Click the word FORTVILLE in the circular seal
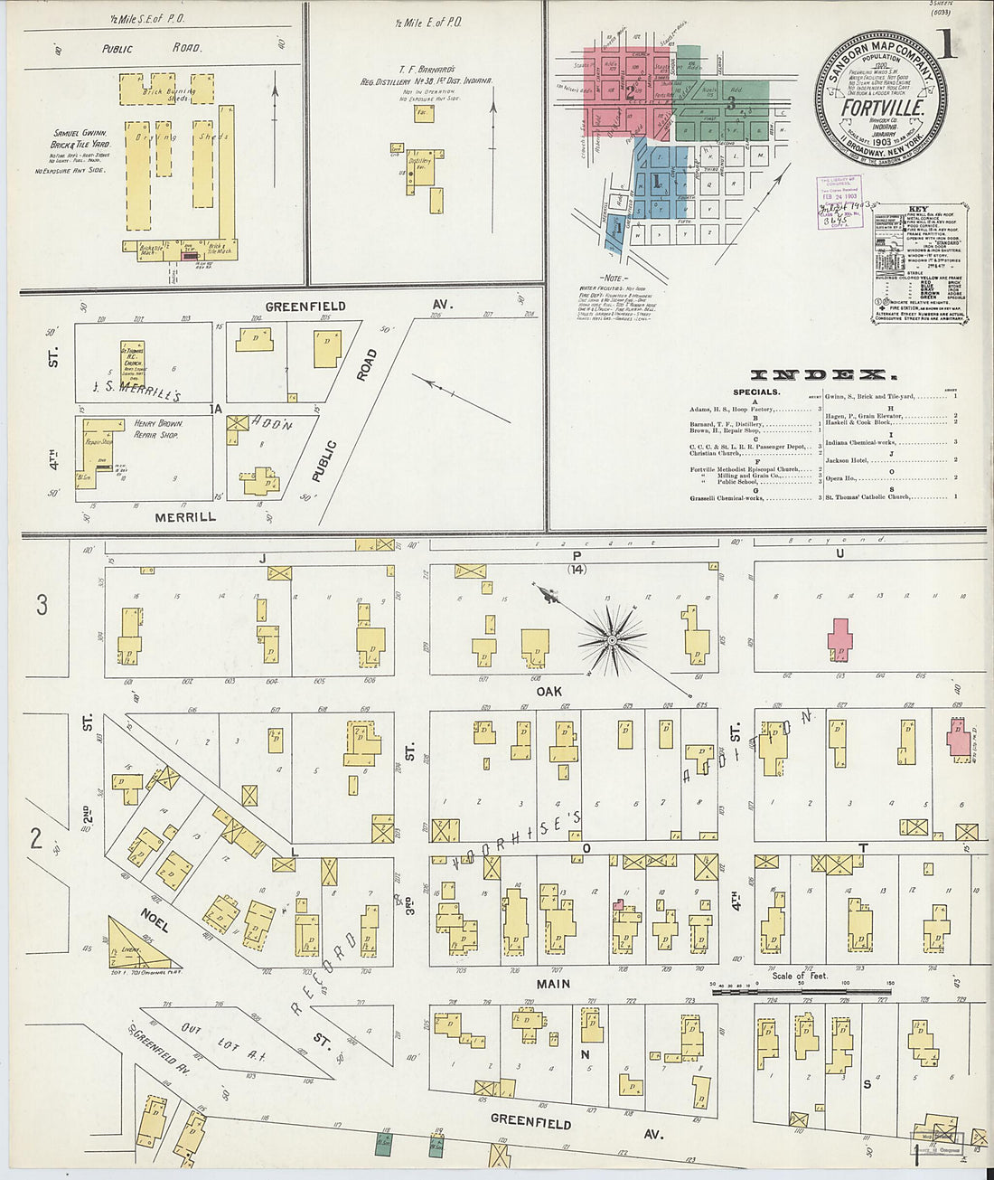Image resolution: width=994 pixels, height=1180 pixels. pyautogui.click(x=881, y=106)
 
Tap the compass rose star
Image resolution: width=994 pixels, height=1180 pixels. pyautogui.click(x=612, y=640)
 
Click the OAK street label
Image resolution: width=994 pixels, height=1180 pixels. pyautogui.click(x=549, y=690)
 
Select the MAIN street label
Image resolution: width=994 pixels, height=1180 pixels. pyautogui.click(x=553, y=983)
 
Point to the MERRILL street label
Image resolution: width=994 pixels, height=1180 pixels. pyautogui.click(x=185, y=517)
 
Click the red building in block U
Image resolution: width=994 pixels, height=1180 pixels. pyautogui.click(x=841, y=639)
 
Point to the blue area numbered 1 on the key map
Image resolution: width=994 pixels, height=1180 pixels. pyautogui.click(x=656, y=181)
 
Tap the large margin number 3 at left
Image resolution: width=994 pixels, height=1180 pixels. pyautogui.click(x=42, y=605)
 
